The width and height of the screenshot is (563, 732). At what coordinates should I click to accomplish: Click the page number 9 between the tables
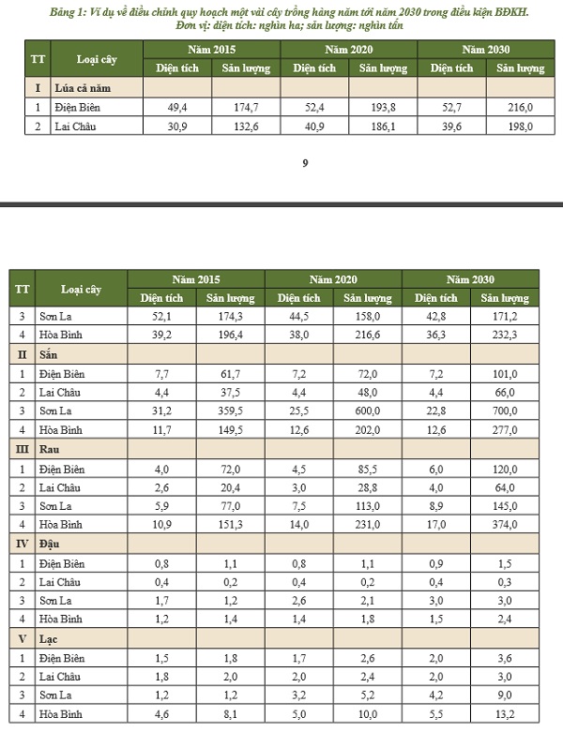tap(305, 165)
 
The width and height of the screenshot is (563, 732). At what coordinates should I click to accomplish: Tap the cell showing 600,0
tap(367, 411)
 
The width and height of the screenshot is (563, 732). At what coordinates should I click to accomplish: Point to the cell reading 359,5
tap(230, 411)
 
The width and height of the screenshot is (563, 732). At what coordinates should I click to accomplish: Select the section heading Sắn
tap(48, 354)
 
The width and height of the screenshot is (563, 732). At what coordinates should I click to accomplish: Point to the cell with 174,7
tap(245, 108)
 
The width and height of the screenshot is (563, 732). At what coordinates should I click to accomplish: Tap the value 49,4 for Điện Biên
tap(177, 108)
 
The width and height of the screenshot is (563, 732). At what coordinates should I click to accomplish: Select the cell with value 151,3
tap(230, 523)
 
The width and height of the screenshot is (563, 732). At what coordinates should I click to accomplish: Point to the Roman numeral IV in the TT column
tap(22, 543)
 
